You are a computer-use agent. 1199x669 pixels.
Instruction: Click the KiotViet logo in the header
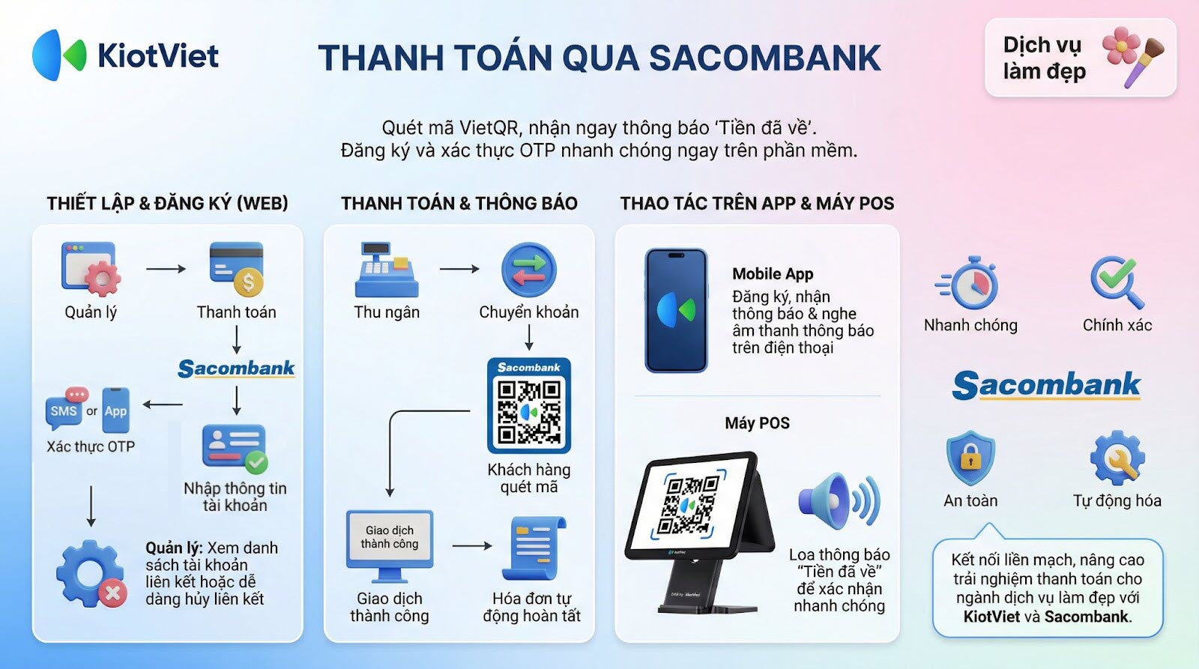[x=125, y=55]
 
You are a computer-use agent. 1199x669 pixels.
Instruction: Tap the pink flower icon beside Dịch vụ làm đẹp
[x=1121, y=46]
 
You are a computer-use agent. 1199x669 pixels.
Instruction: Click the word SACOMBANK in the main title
[x=765, y=58]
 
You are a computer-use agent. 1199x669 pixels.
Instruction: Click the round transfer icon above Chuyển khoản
[x=529, y=270]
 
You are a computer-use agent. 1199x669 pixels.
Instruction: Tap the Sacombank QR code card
[x=529, y=406]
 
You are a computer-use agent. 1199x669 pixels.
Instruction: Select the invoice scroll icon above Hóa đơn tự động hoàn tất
[x=534, y=548]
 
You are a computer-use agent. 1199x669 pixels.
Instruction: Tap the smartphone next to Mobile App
[x=676, y=310]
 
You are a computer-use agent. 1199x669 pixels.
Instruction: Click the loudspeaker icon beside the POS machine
[x=839, y=501]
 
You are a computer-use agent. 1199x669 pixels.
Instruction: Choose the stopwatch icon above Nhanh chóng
[x=967, y=283]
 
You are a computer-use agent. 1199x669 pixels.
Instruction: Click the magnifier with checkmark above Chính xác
[x=1117, y=282]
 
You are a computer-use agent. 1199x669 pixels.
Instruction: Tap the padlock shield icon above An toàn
[x=970, y=458]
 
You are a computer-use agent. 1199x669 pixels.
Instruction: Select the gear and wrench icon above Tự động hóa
[x=1117, y=458]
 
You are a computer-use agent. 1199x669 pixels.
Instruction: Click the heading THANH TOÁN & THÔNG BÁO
[x=459, y=203]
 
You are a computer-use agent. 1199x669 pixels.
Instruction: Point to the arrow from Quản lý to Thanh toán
[x=166, y=269]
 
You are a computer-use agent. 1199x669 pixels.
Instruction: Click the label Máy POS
[x=757, y=423]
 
